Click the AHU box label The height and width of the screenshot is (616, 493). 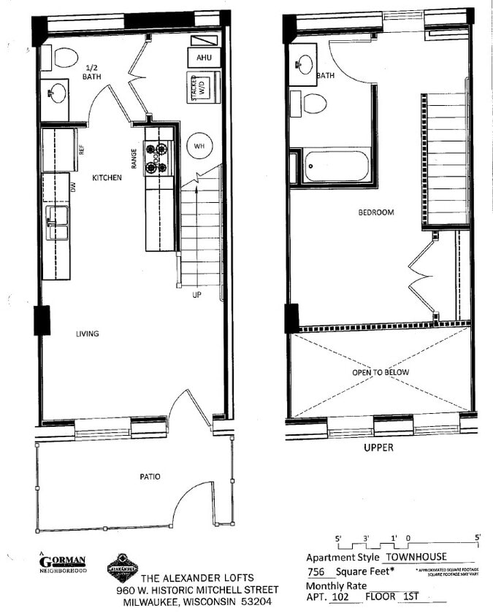point(203,58)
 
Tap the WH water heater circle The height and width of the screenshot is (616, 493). point(199,146)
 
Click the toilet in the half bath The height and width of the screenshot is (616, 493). point(65,57)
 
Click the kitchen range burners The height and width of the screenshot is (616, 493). point(156,158)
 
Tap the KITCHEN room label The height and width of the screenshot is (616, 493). point(106,177)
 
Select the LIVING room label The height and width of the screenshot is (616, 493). point(87,334)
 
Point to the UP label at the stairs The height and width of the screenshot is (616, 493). point(196,295)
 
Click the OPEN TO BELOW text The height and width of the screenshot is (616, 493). point(381,372)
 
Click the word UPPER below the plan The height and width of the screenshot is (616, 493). point(379,447)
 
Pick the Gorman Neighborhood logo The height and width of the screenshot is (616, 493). point(62,563)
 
